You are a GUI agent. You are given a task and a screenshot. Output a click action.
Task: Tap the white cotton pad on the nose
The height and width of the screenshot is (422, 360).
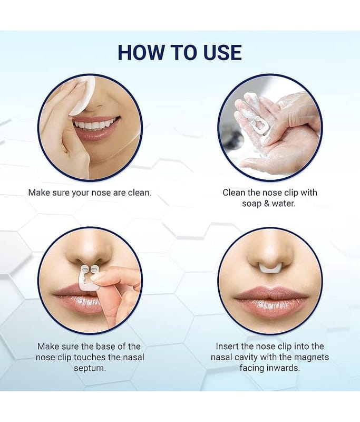coord(82,98)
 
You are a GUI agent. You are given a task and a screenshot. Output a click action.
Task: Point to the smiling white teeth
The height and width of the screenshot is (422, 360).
coord(93,125)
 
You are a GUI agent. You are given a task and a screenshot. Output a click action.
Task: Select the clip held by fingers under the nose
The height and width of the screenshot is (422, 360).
coord(88,277)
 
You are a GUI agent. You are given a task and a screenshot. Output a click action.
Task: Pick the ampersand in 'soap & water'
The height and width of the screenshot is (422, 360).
coord(266,204)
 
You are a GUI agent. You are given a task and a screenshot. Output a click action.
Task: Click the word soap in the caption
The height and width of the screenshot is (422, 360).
coord(251,204)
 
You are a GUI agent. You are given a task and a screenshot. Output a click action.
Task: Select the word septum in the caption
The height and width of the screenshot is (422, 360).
coord(90,368)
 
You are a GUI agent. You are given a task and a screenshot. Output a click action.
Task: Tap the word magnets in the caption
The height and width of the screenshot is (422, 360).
coord(312,357)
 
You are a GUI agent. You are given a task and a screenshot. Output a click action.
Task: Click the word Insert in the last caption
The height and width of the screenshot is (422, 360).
coord(227,346)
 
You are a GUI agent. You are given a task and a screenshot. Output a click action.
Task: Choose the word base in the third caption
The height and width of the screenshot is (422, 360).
coord(105,346)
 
